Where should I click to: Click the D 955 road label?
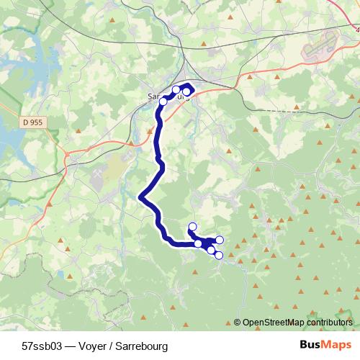click(32, 122)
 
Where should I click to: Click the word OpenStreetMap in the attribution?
click(276, 323)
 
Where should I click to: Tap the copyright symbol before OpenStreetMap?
click(237, 323)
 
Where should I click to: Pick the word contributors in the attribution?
click(330, 323)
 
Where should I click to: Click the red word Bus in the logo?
click(311, 344)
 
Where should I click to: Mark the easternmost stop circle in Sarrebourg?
click(187, 91)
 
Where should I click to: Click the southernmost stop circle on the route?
click(219, 255)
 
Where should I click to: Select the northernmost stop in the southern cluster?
click(192, 228)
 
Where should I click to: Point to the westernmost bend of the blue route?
click(141, 197)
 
